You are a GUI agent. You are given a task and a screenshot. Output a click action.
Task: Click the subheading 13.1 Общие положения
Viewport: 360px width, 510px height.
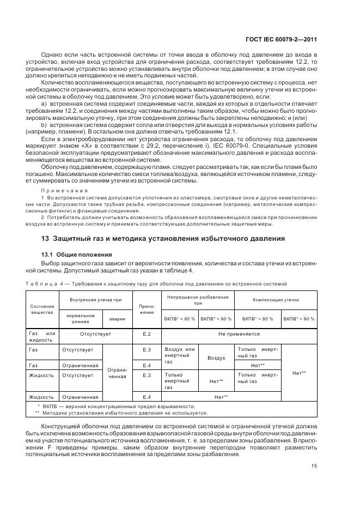[77, 254]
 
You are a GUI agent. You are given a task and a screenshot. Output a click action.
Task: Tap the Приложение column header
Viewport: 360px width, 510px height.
[147, 308]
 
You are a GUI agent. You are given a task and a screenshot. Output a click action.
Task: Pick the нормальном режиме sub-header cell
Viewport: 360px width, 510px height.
[81, 318]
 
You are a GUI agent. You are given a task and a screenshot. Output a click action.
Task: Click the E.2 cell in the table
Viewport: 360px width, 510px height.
[147, 333]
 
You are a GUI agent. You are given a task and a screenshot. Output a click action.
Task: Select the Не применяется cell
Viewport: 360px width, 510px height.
[239, 333]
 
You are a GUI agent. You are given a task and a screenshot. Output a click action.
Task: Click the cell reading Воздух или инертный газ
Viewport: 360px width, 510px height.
[179, 355]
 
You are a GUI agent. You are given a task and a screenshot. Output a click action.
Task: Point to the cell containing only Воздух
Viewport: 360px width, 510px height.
[216, 358]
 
